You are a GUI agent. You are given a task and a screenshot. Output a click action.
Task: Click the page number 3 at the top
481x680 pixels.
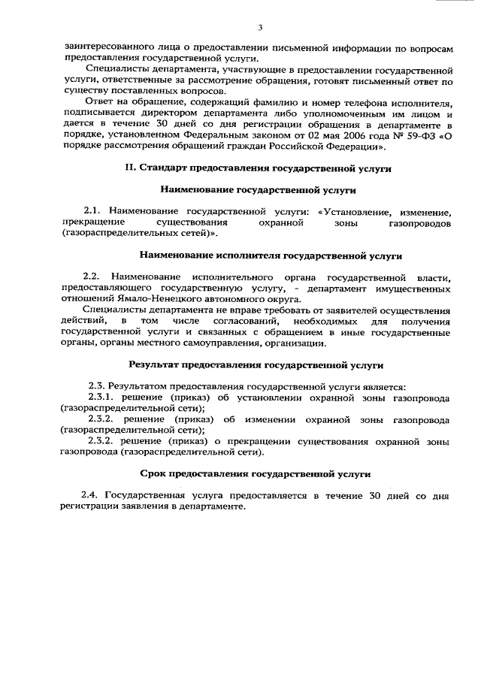coord(260,28)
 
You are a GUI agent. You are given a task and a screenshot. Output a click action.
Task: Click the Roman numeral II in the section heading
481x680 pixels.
coord(129,169)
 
